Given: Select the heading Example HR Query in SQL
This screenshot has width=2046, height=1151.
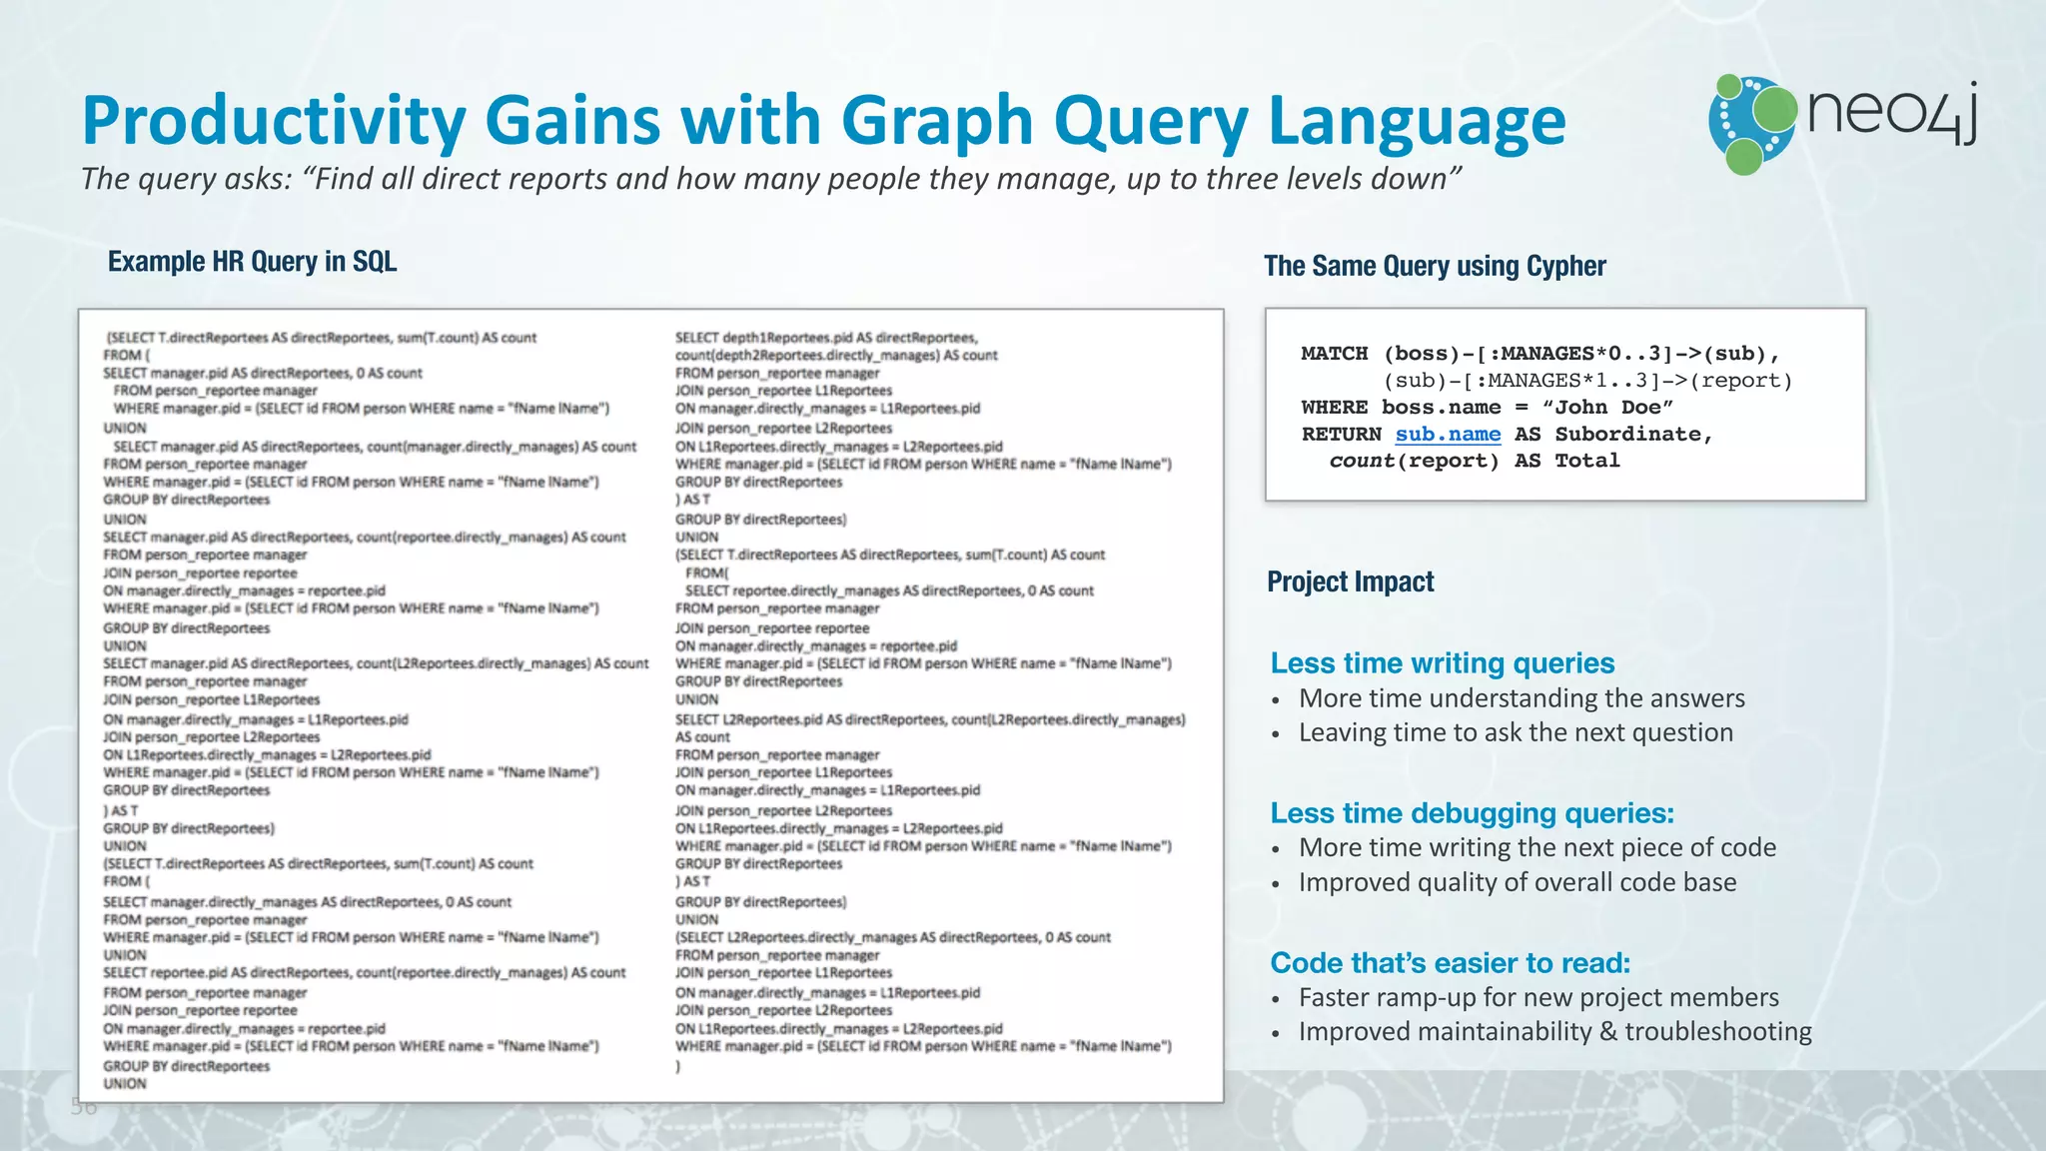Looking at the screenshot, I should click(x=252, y=262).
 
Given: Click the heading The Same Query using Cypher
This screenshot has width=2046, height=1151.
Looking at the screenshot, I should click(x=1435, y=266).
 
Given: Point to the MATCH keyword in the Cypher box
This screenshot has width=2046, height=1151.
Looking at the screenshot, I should click(x=1334, y=354).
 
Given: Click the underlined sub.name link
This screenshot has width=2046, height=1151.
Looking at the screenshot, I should click(x=1448, y=435).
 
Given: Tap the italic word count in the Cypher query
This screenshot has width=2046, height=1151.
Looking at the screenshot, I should click(x=1362, y=462).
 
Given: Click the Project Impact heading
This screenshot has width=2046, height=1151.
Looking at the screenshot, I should click(x=1350, y=581).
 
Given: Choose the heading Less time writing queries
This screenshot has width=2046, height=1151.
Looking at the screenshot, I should click(x=1442, y=663).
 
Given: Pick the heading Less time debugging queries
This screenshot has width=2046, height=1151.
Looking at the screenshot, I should click(x=1472, y=813).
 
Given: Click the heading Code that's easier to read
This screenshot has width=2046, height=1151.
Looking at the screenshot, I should click(x=1450, y=963).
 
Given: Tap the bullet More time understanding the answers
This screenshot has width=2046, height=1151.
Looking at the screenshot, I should click(x=1521, y=698).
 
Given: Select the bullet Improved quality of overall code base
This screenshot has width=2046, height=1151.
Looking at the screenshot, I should click(x=1517, y=882).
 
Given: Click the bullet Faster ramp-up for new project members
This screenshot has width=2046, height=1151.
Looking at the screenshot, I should click(x=1538, y=997).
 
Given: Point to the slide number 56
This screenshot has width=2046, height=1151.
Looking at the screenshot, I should click(x=84, y=1107).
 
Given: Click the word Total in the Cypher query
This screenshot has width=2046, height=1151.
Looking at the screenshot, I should click(x=1586, y=462).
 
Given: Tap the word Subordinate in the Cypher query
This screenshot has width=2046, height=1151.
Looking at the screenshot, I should click(x=1632, y=435).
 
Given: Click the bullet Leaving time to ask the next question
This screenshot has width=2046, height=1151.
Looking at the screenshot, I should click(x=1515, y=732).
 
